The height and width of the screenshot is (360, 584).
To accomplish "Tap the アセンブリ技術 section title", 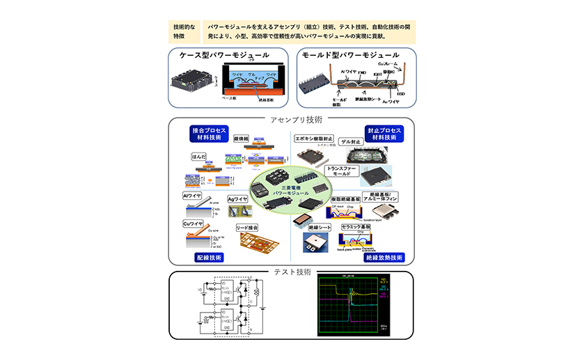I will pyautogui.click(x=292, y=119).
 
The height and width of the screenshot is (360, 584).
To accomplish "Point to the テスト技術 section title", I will pyautogui.click(x=292, y=272).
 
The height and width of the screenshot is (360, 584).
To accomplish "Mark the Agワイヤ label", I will pyautogui.click(x=238, y=199).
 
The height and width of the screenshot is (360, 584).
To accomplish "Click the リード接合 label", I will pyautogui.click(x=247, y=227).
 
